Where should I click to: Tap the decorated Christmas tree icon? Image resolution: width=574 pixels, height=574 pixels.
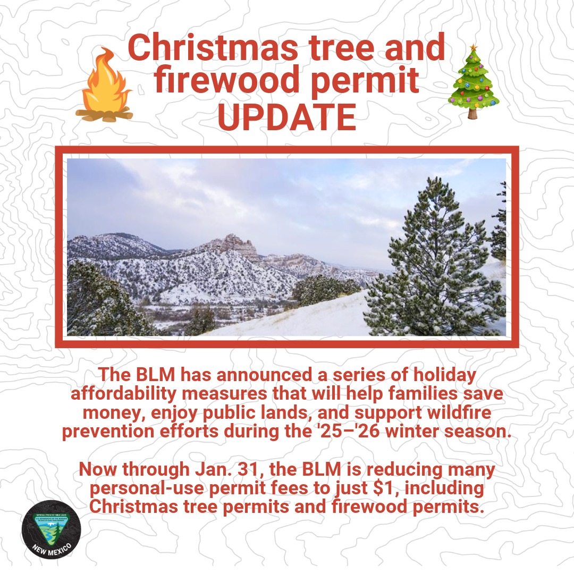[x=472, y=82]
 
